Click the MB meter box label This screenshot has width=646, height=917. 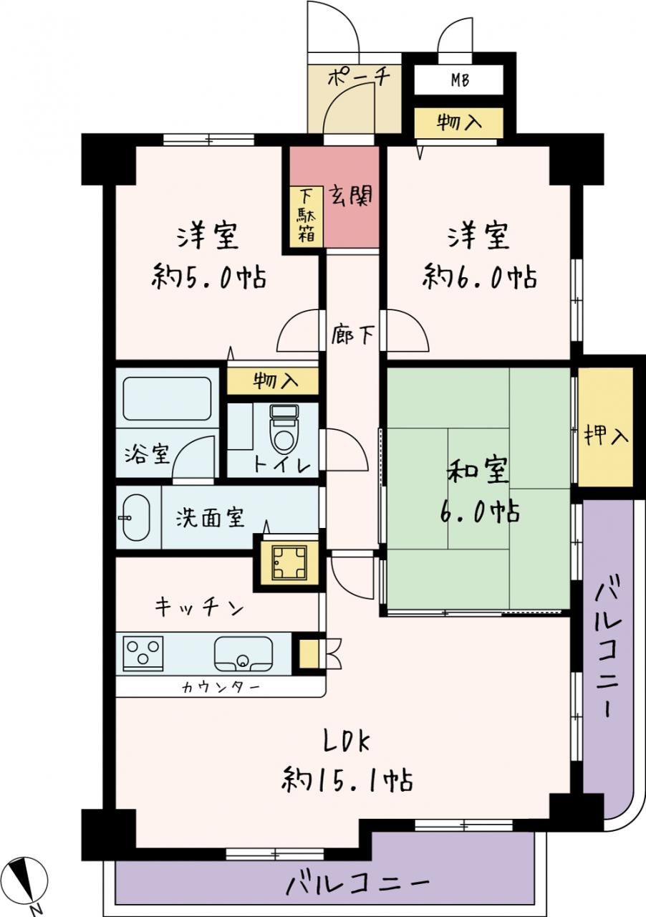[460, 80]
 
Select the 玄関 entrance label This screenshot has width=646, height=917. [352, 196]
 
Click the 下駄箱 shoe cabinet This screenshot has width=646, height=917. [307, 217]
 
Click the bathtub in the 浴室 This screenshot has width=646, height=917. [167, 398]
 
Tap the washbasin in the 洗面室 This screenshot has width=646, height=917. [136, 517]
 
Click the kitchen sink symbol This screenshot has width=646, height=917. [244, 654]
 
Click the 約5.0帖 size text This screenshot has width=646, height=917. [209, 277]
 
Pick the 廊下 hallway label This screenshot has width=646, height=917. [353, 334]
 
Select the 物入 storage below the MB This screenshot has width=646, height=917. [458, 123]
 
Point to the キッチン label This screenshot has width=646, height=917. [199, 608]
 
